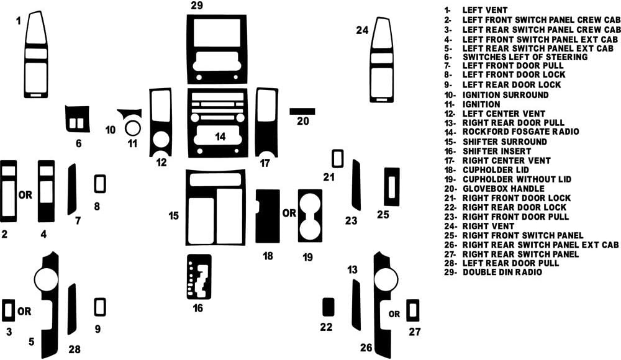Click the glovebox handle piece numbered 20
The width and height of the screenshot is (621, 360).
[302, 111]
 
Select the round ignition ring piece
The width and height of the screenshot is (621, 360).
[132, 128]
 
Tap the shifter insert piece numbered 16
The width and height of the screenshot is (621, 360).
[199, 277]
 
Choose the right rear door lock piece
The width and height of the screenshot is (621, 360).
[329, 307]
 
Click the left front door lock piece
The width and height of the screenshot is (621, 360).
[99, 184]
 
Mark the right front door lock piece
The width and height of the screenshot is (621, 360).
[338, 158]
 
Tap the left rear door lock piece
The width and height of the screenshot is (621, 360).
[99, 307]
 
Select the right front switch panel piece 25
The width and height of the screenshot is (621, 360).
[391, 186]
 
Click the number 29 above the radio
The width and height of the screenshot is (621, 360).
[197, 6]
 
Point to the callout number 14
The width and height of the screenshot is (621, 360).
[220, 136]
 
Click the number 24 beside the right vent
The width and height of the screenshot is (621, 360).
[362, 29]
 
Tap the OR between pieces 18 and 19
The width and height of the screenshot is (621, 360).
[289, 213]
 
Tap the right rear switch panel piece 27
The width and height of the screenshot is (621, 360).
[413, 310]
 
